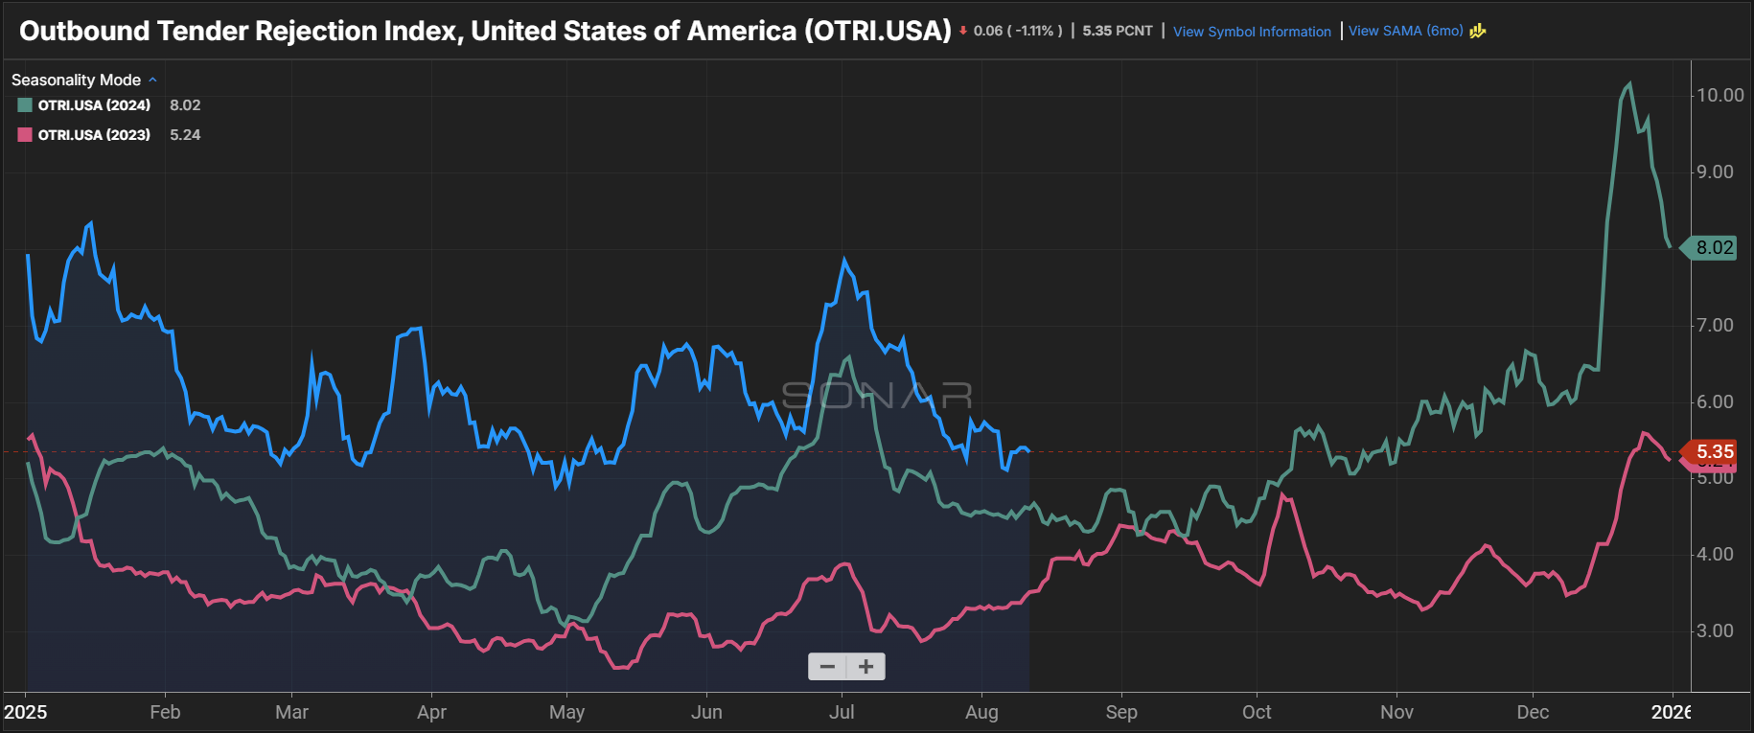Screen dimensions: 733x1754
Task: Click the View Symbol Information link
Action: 1252,32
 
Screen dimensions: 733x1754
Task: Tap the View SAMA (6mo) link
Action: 1405,31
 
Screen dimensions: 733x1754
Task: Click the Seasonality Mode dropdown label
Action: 77,80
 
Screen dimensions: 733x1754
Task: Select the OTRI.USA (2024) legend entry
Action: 94,105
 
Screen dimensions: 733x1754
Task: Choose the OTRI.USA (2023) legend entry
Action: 94,135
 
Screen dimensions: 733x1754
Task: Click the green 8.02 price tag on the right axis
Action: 1714,247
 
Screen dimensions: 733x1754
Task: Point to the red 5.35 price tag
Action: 1714,451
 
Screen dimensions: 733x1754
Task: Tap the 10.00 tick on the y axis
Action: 1719,95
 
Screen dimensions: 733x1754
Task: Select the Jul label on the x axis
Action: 842,712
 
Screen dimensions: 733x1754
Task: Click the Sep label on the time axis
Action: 1121,712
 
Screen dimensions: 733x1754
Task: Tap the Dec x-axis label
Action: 1533,712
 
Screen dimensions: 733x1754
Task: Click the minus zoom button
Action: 827,667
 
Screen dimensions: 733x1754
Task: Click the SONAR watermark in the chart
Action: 877,395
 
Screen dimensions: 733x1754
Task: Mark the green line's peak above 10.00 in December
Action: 1629,84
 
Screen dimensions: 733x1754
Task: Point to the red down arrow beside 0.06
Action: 963,31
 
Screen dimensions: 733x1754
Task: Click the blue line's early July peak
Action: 844,260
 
